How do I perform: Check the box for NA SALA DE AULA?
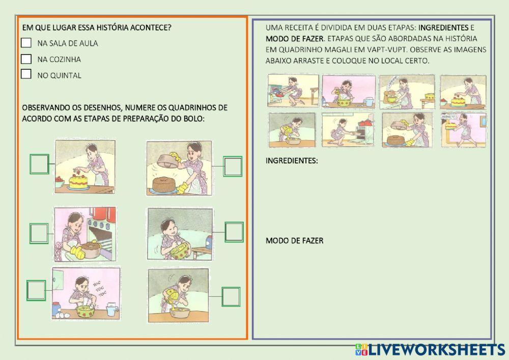(26, 43)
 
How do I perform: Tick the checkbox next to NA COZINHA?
(26, 59)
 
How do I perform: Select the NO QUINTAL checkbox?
(26, 75)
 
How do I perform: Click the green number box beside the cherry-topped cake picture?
(39, 164)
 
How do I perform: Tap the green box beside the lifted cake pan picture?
(233, 166)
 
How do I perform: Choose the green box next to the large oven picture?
(39, 233)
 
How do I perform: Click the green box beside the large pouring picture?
(231, 296)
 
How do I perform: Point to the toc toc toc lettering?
(97, 290)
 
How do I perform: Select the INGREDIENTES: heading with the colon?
(292, 161)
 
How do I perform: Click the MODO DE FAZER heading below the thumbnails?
(294, 241)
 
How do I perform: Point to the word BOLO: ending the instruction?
(194, 119)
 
